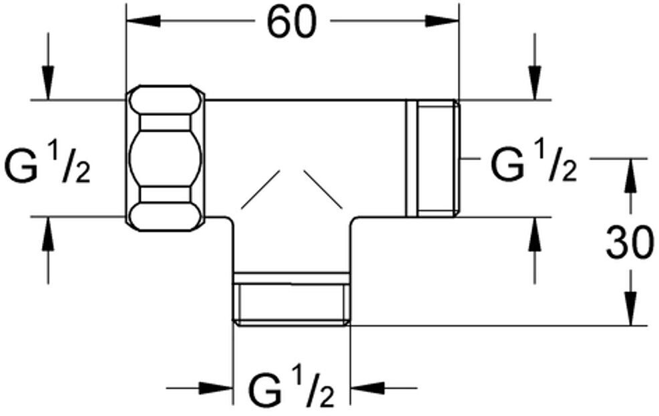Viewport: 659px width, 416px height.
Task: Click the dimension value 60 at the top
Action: click(x=292, y=21)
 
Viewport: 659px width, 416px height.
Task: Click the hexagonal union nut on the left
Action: click(x=166, y=158)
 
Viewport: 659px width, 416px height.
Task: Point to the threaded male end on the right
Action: click(x=433, y=158)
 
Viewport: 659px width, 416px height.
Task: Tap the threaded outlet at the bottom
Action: click(x=292, y=299)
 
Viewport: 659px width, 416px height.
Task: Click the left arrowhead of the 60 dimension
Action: click(x=144, y=21)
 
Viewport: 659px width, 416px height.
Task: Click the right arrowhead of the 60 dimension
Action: click(x=442, y=21)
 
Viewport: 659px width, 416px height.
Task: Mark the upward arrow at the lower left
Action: click(x=48, y=250)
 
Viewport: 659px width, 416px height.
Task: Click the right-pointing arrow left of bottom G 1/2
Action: click(x=200, y=388)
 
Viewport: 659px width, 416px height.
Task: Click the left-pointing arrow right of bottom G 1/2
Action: click(x=384, y=388)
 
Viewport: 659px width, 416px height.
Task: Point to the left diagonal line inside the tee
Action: click(x=260, y=189)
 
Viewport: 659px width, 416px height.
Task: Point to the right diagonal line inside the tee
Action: click(x=324, y=189)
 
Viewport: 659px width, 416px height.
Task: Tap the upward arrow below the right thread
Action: click(x=535, y=250)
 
